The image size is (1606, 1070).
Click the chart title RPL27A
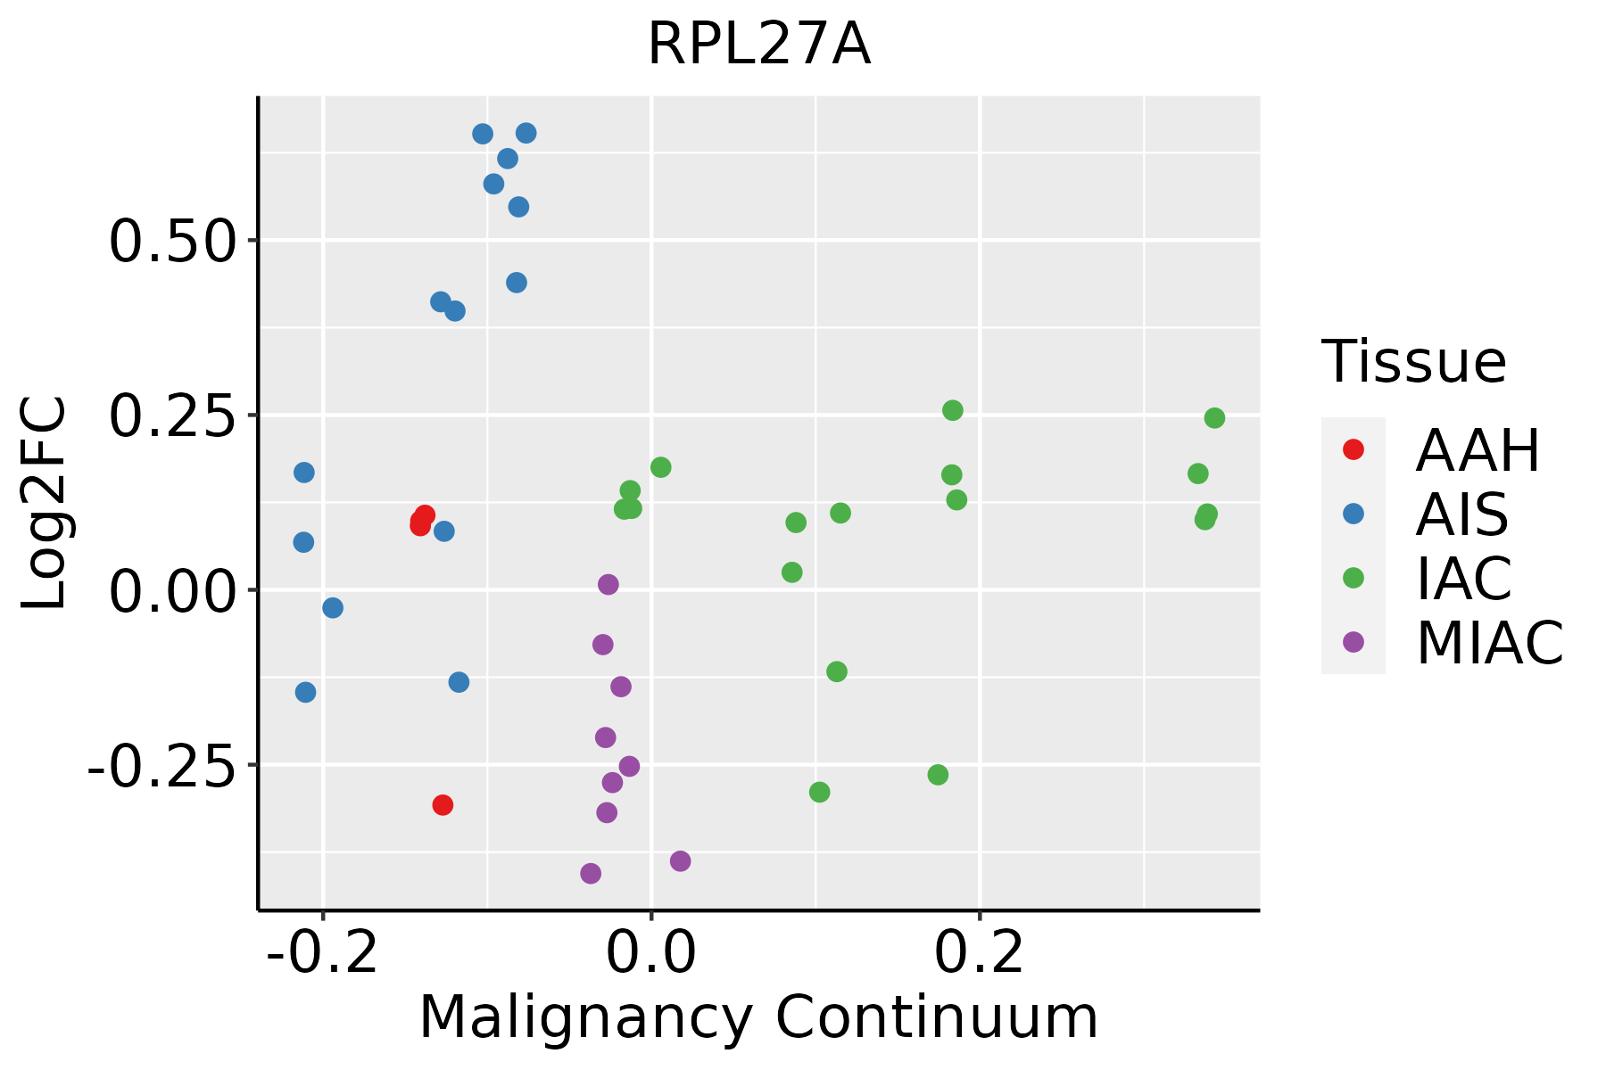(758, 45)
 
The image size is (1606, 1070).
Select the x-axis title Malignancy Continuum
(758, 1017)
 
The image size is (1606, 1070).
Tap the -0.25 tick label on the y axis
(158, 766)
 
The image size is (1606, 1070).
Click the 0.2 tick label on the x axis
(980, 954)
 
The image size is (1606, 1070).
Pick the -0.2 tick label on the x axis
(323, 954)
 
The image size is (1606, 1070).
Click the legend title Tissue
(1414, 362)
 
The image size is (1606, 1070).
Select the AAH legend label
(1478, 451)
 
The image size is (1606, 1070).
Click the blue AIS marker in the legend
(1354, 514)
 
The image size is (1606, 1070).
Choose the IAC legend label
(1463, 579)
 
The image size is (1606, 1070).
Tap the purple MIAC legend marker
(1354, 642)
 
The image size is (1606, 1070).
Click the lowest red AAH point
(443, 805)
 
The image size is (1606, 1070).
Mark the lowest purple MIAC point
(591, 873)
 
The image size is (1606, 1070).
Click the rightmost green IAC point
(1214, 418)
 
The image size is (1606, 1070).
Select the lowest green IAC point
(819, 792)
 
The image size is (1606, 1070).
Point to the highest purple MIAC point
(608, 585)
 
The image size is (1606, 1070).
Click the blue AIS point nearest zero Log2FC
(333, 608)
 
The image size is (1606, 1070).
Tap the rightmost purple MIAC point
(681, 861)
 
